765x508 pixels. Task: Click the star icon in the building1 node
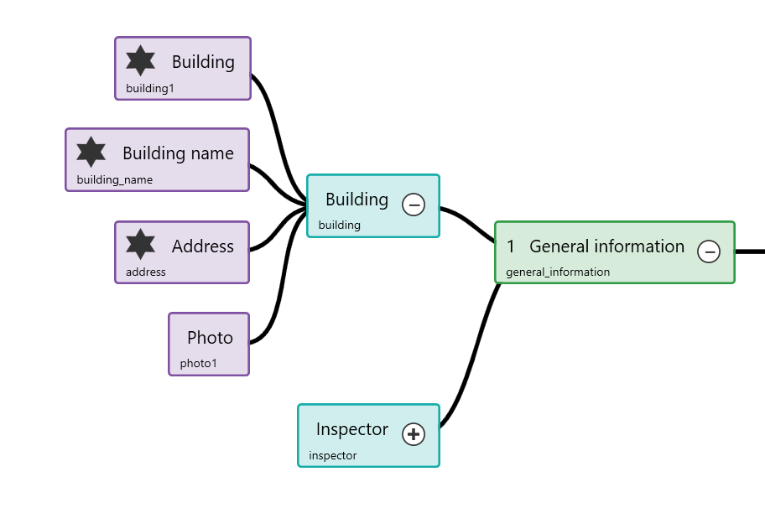coord(140,61)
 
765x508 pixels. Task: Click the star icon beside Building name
coord(91,153)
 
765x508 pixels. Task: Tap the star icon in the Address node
coord(140,245)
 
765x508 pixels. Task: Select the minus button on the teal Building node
coord(414,205)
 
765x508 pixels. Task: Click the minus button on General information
coord(709,251)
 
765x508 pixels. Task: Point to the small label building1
coord(149,88)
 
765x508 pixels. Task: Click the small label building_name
coord(114,179)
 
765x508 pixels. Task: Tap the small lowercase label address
coord(145,272)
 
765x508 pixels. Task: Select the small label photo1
coord(198,364)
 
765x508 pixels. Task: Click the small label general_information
coord(558,272)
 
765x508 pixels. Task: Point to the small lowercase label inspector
coord(332,455)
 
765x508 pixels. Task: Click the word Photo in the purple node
coord(210,338)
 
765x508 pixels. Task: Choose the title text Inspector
coord(351,429)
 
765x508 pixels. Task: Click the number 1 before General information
coord(510,246)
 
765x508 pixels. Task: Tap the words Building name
coord(178,153)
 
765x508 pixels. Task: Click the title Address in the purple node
coord(202,246)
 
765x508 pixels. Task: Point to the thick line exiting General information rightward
coord(750,251)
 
